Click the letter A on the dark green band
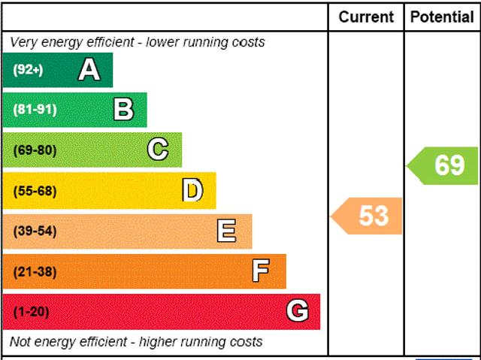pyautogui.click(x=89, y=70)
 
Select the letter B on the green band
pyautogui.click(x=123, y=110)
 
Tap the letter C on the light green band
pyautogui.click(x=158, y=150)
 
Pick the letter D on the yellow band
pyautogui.click(x=192, y=191)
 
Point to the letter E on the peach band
pyautogui.click(x=226, y=231)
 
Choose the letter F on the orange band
pyautogui.click(x=261, y=271)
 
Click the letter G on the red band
pyautogui.click(x=298, y=311)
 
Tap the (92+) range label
pyautogui.click(x=29, y=70)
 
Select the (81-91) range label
pyautogui.click(x=35, y=110)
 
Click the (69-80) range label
pyautogui.click(x=35, y=150)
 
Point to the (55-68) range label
pyautogui.click(x=35, y=191)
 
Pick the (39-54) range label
pyautogui.click(x=35, y=231)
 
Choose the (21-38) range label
pyautogui.click(x=35, y=272)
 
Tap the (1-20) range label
pyautogui.click(x=31, y=312)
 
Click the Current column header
pyautogui.click(x=366, y=17)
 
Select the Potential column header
pyautogui.click(x=442, y=17)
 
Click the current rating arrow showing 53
pyautogui.click(x=368, y=216)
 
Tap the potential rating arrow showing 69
pyautogui.click(x=444, y=165)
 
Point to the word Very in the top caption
pyautogui.click(x=24, y=42)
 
